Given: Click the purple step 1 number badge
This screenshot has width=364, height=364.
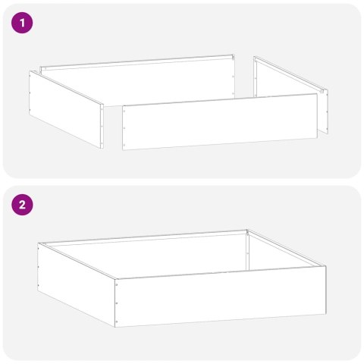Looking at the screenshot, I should point(23,23).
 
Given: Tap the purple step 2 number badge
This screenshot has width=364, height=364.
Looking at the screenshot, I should point(23,205).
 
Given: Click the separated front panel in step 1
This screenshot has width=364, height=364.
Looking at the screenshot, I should point(220,123).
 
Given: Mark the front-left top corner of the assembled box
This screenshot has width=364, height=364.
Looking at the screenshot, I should point(116,278).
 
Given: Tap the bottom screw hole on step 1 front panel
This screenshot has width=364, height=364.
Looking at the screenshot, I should point(124,141).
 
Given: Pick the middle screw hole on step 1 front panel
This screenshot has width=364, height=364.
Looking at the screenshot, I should point(124,128).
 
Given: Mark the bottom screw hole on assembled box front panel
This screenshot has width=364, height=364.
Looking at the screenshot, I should point(118,318).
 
